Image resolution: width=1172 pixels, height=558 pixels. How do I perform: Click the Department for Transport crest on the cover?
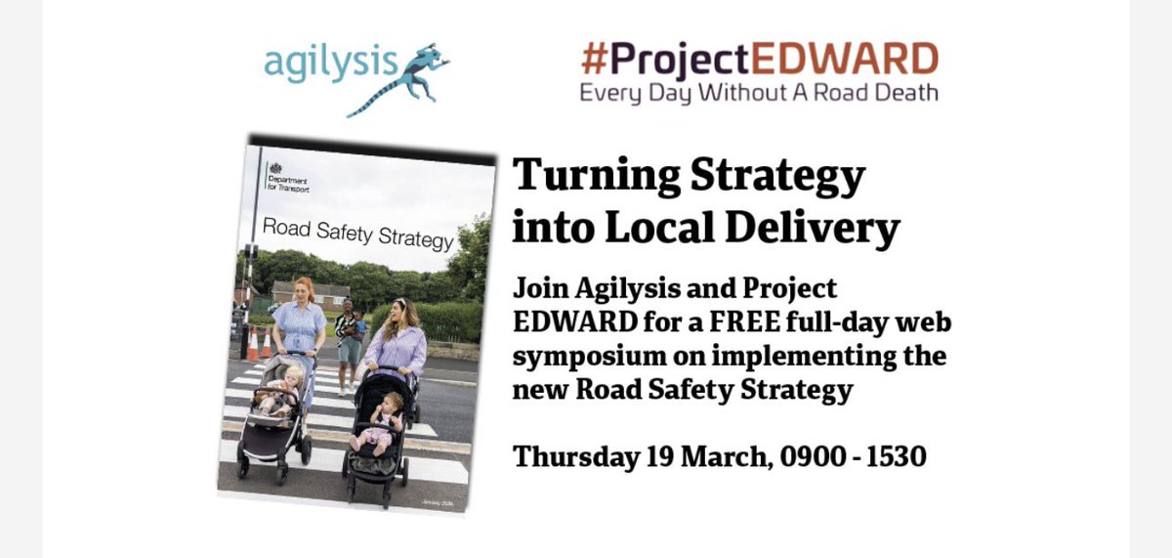click(275, 168)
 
